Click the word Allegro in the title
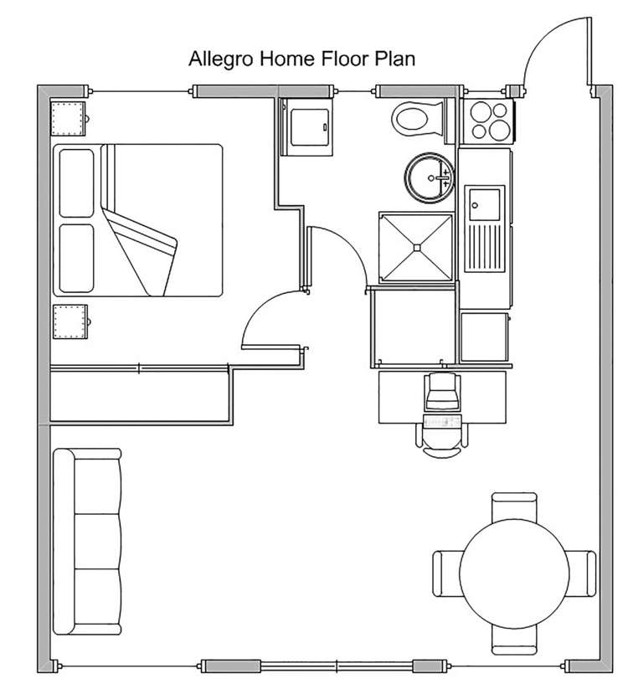[x=220, y=59]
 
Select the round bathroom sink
[x=430, y=177]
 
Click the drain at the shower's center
[x=417, y=248]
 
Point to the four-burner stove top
[x=488, y=121]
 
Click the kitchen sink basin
[x=484, y=205]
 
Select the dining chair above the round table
[x=514, y=506]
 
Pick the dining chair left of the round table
[x=446, y=573]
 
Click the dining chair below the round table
[x=514, y=640]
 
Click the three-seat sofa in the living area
[x=87, y=542]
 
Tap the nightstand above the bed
[x=69, y=119]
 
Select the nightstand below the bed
[x=70, y=321]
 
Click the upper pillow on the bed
[x=76, y=183]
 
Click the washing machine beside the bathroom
[x=306, y=127]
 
